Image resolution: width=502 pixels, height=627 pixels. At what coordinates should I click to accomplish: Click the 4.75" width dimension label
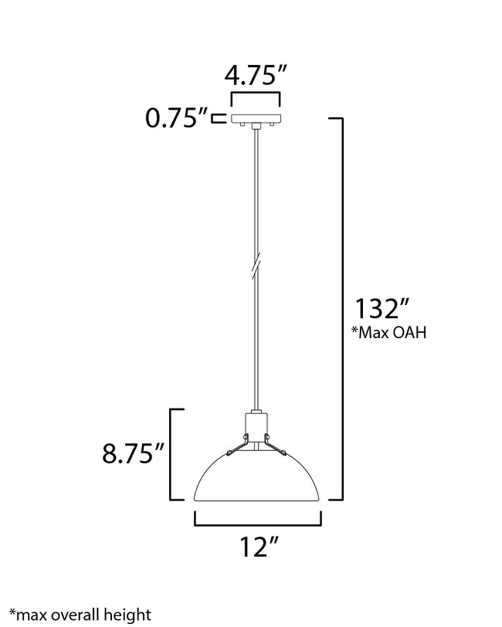coord(256,77)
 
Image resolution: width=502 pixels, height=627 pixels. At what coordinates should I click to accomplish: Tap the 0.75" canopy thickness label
coord(176,118)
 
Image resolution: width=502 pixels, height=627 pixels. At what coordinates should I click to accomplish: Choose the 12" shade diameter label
coord(256,548)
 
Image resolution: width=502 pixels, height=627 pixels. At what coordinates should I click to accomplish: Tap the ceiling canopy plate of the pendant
coord(256,119)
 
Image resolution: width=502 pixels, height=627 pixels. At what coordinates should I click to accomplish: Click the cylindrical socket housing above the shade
coord(256,425)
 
